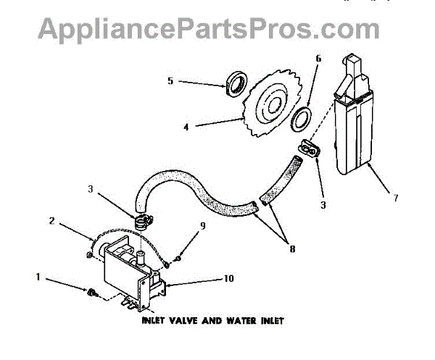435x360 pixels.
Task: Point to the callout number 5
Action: (170, 82)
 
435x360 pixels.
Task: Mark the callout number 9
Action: (203, 225)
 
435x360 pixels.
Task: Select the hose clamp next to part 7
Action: (311, 149)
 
